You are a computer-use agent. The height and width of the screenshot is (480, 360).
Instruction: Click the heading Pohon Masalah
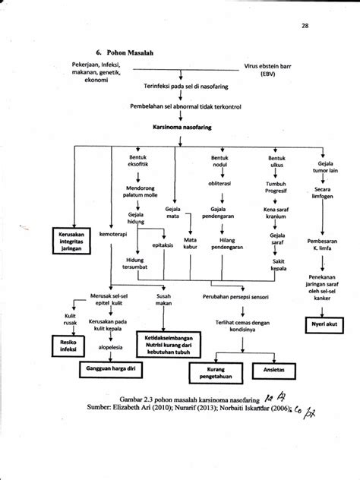[x=85, y=54]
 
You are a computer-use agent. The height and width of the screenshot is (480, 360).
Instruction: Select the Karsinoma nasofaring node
[x=182, y=128]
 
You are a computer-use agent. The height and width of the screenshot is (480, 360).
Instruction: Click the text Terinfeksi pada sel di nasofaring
[x=182, y=87]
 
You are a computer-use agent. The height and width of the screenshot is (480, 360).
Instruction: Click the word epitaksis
[x=164, y=245]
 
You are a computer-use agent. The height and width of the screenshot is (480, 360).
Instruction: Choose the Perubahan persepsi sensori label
[x=239, y=297]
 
